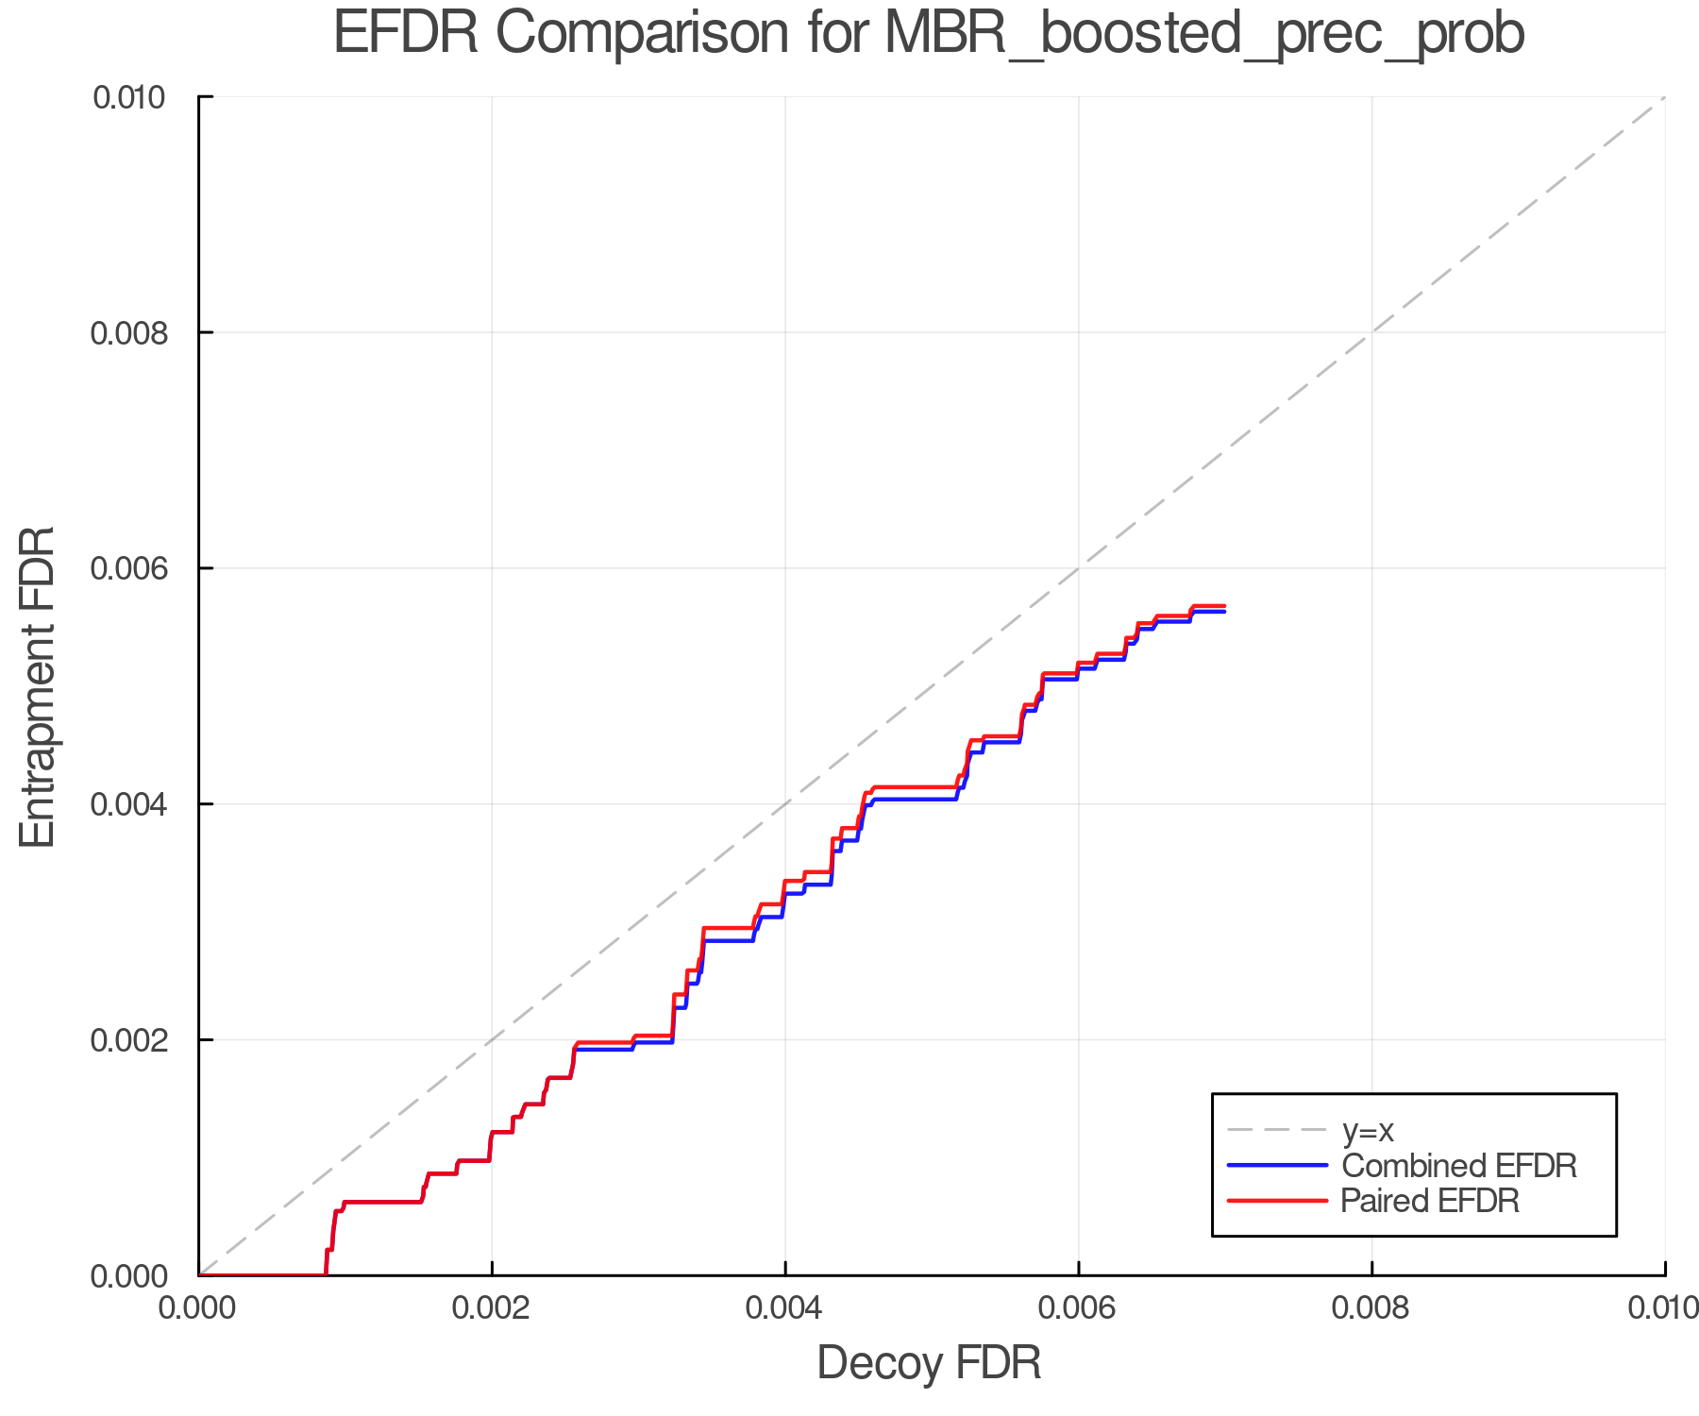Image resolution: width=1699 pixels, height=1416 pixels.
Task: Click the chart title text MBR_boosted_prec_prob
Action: pyautogui.click(x=1204, y=34)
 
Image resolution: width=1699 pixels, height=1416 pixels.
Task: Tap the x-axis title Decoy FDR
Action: pyautogui.click(x=929, y=1363)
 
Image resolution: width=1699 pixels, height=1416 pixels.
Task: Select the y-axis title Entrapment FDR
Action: pyautogui.click(x=38, y=687)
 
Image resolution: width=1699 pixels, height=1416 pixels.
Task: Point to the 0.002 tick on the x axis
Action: pyautogui.click(x=492, y=1307)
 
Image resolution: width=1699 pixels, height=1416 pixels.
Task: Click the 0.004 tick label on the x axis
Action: pyautogui.click(x=785, y=1307)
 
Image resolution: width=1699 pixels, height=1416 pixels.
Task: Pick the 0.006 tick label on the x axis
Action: pyautogui.click(x=1078, y=1307)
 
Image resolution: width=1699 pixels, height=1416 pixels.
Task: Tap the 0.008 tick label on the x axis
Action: pyautogui.click(x=1371, y=1307)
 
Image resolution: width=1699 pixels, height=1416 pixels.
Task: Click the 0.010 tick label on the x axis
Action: pyautogui.click(x=1661, y=1307)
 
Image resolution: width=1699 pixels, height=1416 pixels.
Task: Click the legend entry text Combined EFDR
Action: pyautogui.click(x=1459, y=1166)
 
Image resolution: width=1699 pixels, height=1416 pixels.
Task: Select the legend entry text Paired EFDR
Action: pyautogui.click(x=1430, y=1201)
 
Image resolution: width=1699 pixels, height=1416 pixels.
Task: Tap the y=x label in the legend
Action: pyautogui.click(x=1368, y=1130)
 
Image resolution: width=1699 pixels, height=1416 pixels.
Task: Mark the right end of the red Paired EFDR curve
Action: pyautogui.click(x=1224, y=606)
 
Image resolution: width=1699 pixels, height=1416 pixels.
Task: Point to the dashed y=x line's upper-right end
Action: pyautogui.click(x=1664, y=97)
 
